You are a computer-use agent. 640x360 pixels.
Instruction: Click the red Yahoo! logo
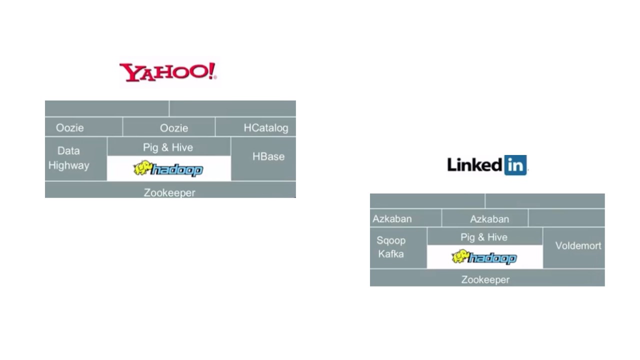tap(167, 72)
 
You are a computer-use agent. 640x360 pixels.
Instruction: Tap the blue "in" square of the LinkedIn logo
tap(515, 165)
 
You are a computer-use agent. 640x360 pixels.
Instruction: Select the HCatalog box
tap(265, 127)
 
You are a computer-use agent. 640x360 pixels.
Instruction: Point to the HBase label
tap(268, 156)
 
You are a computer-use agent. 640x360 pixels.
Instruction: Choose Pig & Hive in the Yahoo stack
tap(168, 147)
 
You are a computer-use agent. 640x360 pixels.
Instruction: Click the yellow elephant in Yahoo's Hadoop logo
tap(142, 168)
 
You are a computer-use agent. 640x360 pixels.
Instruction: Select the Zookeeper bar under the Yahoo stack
tap(169, 192)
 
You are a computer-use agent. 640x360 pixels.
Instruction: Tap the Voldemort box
tap(578, 246)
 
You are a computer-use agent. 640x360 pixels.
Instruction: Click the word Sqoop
tap(391, 240)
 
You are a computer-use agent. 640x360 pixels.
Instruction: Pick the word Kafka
tap(391, 254)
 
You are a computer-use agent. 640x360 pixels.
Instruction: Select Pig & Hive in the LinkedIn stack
tap(484, 237)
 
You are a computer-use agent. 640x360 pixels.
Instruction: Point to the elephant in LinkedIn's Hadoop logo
tap(460, 257)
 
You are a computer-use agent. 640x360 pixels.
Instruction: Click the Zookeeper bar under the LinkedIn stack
tap(485, 279)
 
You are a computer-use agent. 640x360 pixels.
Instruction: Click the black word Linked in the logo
tap(474, 165)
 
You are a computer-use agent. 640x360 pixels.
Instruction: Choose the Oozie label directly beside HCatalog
tap(174, 128)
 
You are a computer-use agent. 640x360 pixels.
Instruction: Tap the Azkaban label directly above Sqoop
tap(392, 219)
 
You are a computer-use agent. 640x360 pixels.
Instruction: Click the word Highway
tap(69, 165)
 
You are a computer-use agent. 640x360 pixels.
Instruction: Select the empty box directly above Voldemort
tap(566, 218)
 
